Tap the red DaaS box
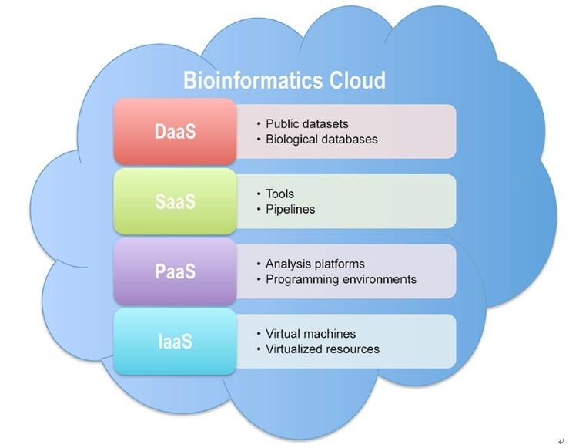tap(175, 131)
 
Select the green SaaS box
tap(175, 201)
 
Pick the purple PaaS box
tap(175, 271)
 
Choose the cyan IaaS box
tap(175, 341)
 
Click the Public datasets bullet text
tap(307, 123)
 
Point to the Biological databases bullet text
tap(322, 140)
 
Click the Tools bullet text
tap(280, 194)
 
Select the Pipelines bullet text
tap(290, 209)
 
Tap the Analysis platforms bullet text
tap(315, 264)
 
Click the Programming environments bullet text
tap(341, 279)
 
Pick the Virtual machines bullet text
tap(310, 334)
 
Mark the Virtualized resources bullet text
tap(323, 349)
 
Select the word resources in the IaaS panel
tap(353, 349)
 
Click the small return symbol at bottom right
tap(561, 440)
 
